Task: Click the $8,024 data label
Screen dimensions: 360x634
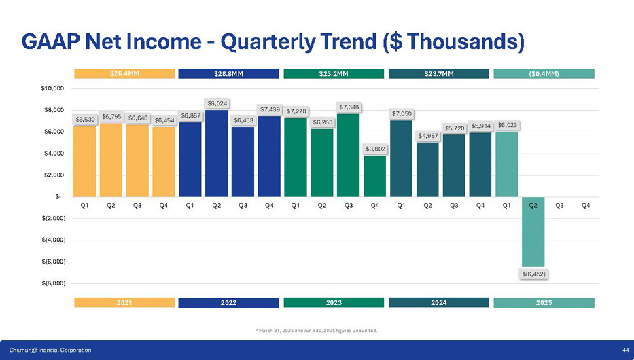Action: (x=217, y=103)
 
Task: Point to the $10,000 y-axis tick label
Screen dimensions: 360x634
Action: (x=52, y=88)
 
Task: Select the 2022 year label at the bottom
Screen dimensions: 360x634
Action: (x=228, y=302)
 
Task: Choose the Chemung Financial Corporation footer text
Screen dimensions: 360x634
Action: (x=50, y=350)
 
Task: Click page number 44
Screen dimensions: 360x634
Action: (x=624, y=350)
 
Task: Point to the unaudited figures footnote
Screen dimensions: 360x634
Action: (x=316, y=331)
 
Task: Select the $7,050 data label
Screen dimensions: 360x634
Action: (x=401, y=114)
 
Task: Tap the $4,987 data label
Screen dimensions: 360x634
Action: (x=428, y=136)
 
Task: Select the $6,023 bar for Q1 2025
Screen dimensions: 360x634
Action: (x=506, y=165)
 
